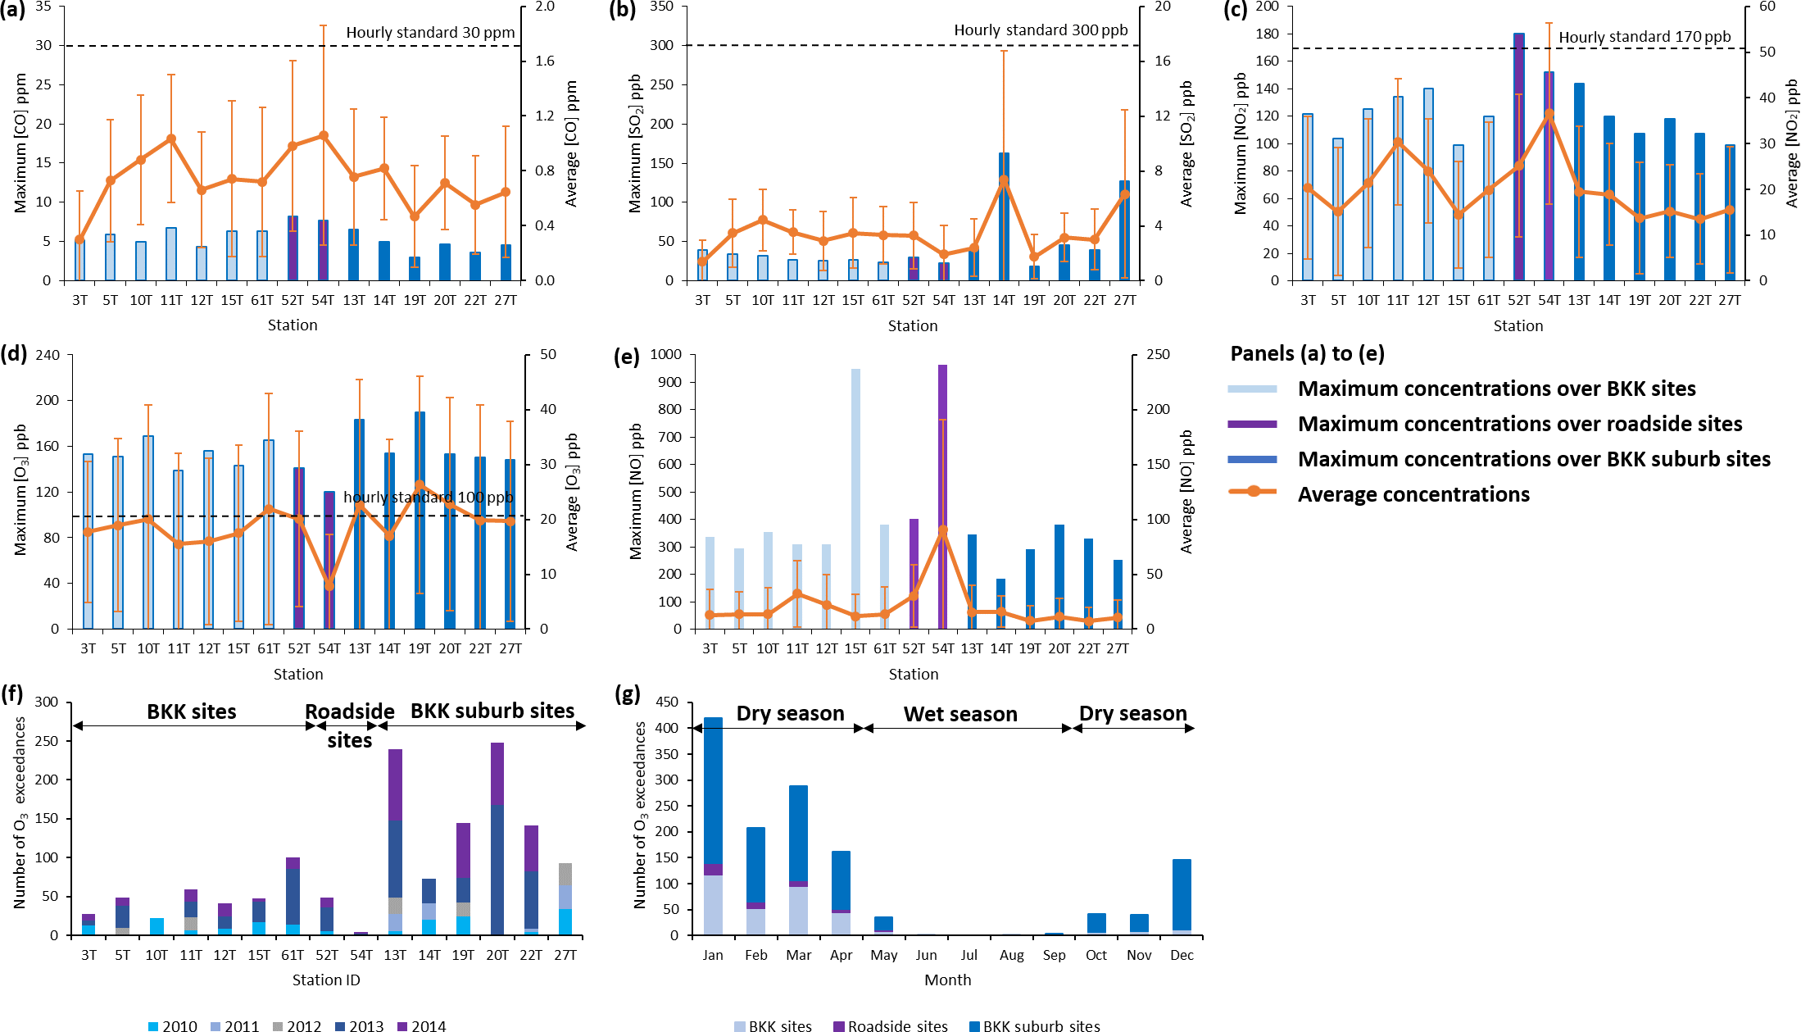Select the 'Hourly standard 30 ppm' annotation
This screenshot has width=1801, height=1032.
click(430, 33)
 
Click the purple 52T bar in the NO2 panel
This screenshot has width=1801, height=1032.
click(1519, 156)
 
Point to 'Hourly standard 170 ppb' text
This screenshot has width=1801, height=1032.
click(1644, 37)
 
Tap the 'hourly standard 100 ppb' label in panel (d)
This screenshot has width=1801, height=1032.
click(428, 498)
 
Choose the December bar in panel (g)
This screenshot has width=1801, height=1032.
click(1182, 897)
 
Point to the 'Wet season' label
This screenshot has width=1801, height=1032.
click(960, 714)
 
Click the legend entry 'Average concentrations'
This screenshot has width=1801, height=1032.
click(1413, 494)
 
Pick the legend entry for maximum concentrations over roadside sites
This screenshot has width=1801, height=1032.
click(1519, 424)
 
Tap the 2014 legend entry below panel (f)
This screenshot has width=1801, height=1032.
click(421, 1025)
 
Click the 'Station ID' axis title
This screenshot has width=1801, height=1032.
click(326, 980)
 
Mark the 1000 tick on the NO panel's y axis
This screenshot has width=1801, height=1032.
click(665, 354)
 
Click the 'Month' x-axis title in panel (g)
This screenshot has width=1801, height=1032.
click(947, 980)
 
